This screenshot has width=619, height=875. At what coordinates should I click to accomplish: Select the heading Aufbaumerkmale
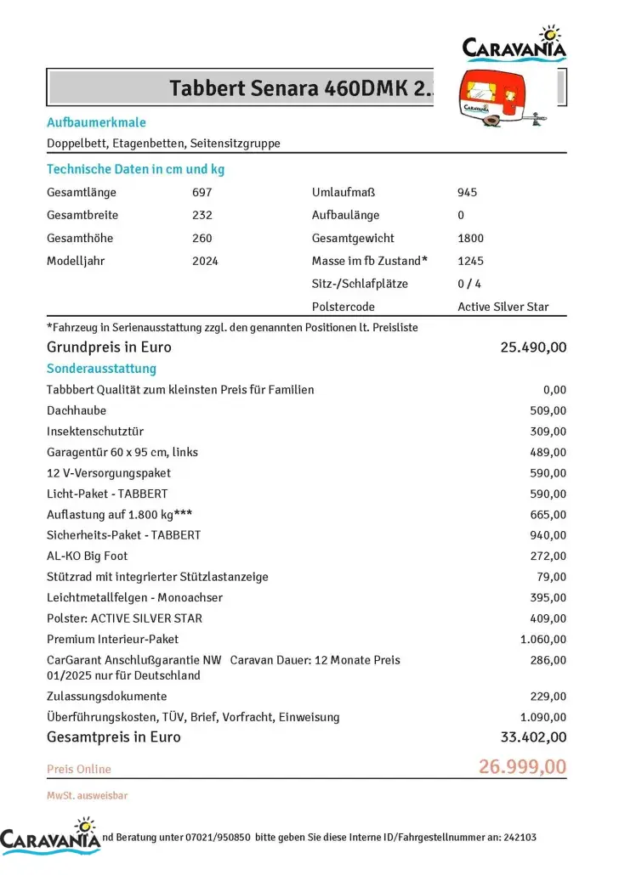[x=96, y=122]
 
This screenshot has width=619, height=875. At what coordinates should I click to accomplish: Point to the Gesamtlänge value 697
[x=202, y=193]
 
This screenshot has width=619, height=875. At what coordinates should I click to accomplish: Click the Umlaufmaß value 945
[x=467, y=193]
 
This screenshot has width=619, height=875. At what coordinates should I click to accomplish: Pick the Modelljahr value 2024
[x=205, y=262]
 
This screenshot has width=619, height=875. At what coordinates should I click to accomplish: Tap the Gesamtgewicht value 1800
[x=470, y=239]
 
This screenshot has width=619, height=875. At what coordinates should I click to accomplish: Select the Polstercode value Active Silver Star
[x=503, y=307]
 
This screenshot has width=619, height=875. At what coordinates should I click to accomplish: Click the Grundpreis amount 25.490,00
[x=533, y=347]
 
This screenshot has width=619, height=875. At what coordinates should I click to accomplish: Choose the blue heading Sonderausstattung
[x=101, y=369]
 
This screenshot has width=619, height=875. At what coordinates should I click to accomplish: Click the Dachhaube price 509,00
[x=548, y=411]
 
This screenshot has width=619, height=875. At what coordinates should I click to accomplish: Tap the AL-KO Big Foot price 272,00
[x=548, y=556]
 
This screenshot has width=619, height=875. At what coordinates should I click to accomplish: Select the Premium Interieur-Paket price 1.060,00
[x=542, y=640]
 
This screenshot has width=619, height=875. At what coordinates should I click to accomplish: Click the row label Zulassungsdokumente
[x=106, y=697]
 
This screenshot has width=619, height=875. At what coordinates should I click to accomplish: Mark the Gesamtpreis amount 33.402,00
[x=533, y=737]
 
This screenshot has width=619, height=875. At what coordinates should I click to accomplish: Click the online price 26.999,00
[x=522, y=767]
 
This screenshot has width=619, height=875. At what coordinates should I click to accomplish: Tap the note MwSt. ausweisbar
[x=87, y=796]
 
